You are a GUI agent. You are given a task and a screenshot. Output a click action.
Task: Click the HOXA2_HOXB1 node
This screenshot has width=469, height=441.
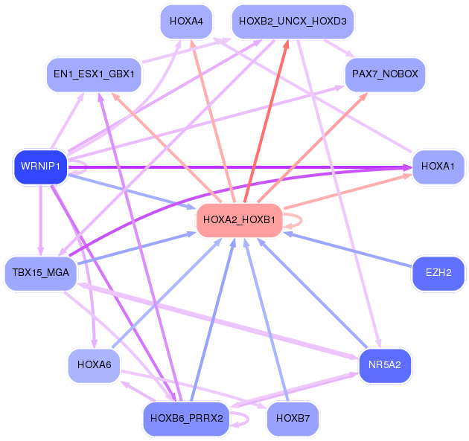[x=239, y=220]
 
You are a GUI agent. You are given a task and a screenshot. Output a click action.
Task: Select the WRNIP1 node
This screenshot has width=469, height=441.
[x=40, y=166]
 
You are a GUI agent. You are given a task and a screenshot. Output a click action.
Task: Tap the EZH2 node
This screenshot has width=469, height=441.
[x=438, y=273]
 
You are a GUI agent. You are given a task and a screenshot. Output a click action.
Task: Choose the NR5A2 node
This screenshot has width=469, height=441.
[x=385, y=365]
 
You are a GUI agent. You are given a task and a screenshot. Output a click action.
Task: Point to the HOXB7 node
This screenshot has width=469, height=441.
[x=292, y=419]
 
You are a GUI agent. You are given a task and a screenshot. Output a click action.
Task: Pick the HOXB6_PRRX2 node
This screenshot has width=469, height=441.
[x=186, y=419]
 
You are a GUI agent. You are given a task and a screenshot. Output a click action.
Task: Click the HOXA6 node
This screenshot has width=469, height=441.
[x=95, y=365]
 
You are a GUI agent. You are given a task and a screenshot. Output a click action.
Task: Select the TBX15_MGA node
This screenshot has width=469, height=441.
[x=40, y=273]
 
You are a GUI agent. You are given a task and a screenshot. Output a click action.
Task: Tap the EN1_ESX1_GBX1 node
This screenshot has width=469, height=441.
[x=95, y=74]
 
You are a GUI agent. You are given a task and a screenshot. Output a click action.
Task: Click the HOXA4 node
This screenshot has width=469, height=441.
[x=186, y=21]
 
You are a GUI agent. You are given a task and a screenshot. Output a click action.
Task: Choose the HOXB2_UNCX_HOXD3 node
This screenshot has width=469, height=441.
[x=292, y=21]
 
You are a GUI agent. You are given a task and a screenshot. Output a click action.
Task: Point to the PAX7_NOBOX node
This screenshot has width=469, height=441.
[x=385, y=74]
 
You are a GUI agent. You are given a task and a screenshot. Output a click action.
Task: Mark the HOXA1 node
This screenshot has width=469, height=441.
[x=438, y=166]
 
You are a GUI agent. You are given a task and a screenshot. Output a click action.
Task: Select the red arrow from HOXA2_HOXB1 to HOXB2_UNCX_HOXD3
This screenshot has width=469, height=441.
[x=267, y=119]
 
